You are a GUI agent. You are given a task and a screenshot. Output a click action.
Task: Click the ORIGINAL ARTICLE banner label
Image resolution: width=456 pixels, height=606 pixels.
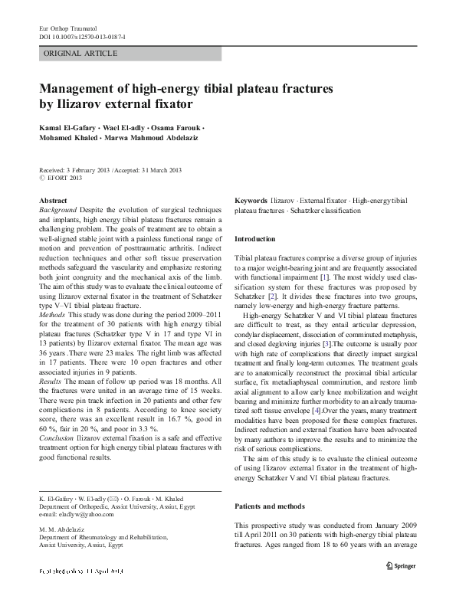coord(80,53)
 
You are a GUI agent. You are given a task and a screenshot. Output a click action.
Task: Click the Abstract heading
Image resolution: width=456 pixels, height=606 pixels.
coord(52,200)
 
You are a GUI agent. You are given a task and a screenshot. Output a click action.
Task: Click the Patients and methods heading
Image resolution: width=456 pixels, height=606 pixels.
coord(270,486)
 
